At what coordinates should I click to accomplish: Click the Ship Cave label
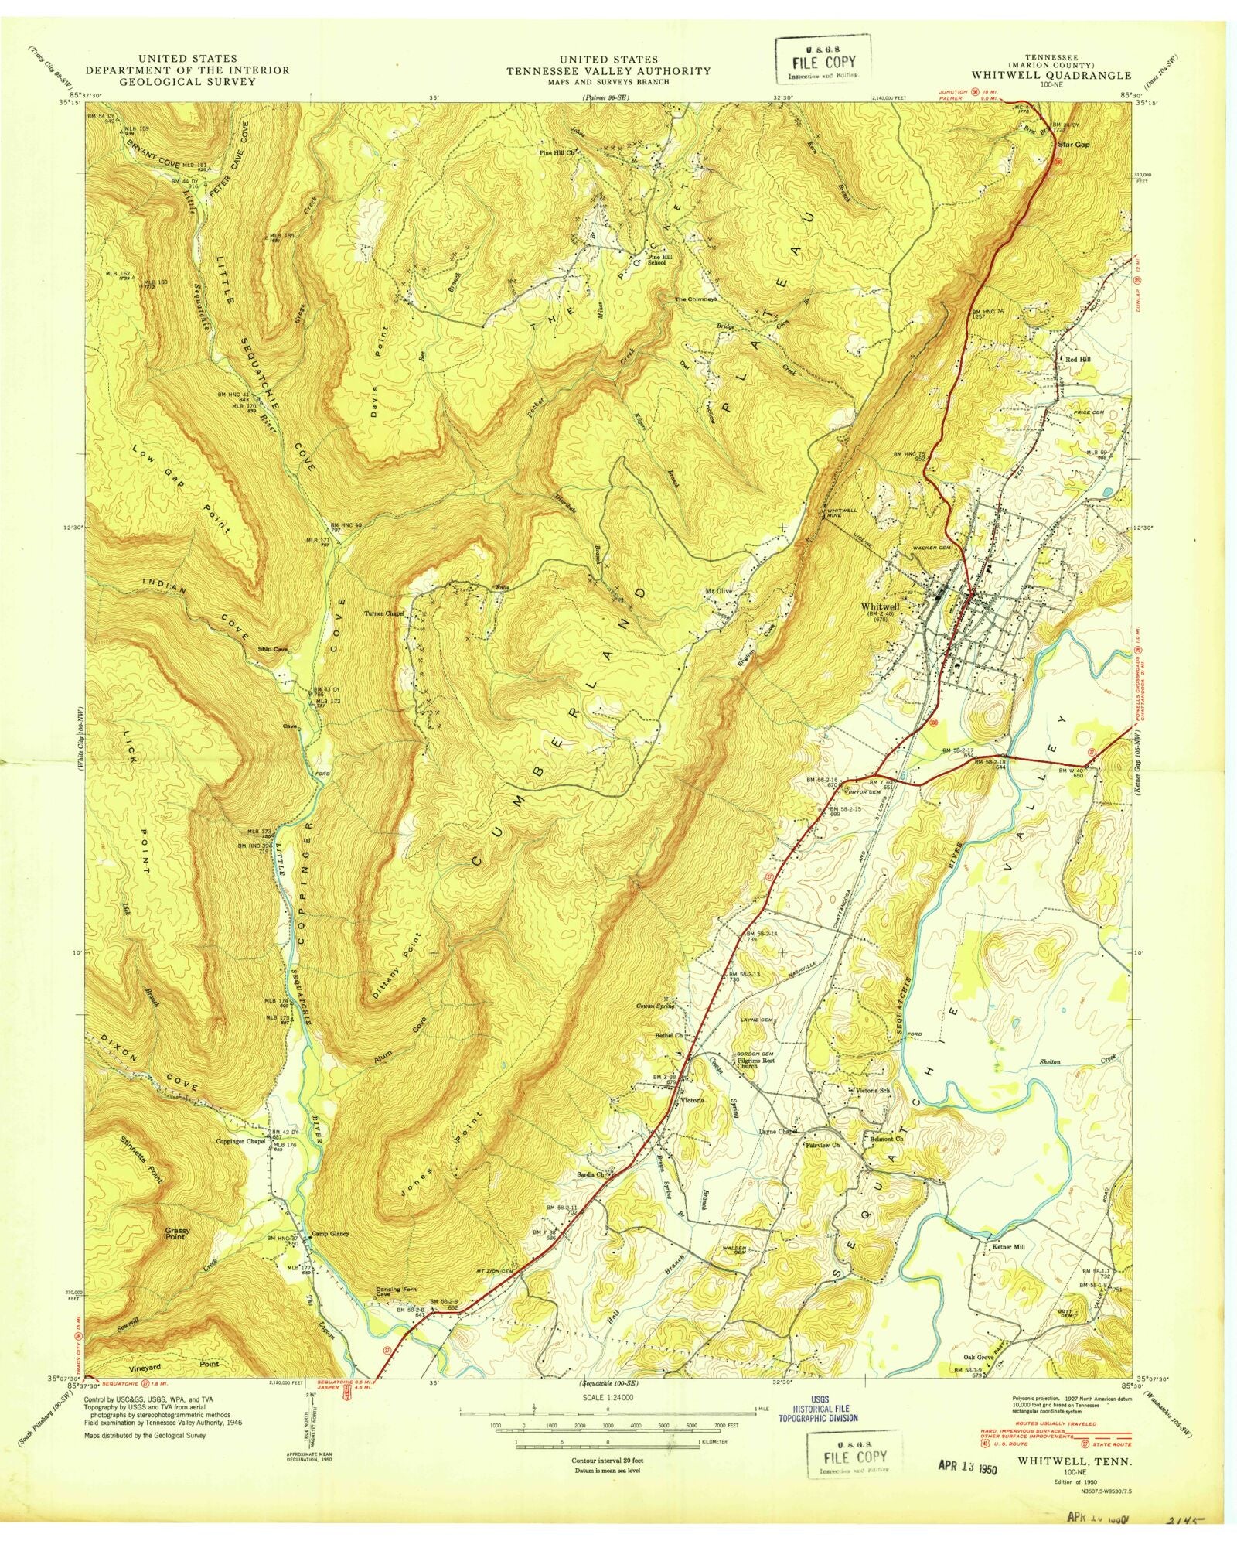(x=272, y=649)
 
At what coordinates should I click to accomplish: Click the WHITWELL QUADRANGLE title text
(x=1051, y=75)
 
